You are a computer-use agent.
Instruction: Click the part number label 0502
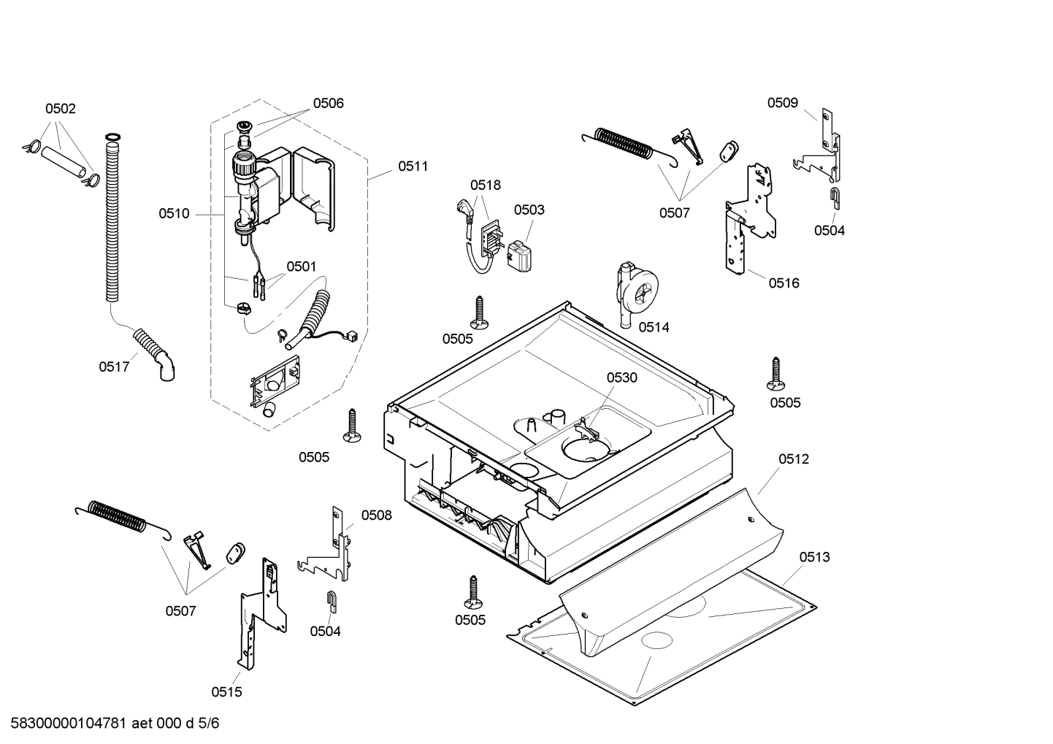pyautogui.click(x=60, y=109)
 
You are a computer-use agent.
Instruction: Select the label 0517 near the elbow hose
pyautogui.click(x=114, y=367)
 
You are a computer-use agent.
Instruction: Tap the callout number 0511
pyautogui.click(x=413, y=166)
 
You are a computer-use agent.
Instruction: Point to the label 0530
pyautogui.click(x=621, y=377)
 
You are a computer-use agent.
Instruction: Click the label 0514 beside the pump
pyautogui.click(x=654, y=327)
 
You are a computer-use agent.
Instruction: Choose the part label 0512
pyautogui.click(x=793, y=459)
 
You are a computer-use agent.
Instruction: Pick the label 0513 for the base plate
pyautogui.click(x=813, y=557)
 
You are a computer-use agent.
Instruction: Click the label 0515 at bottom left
pyautogui.click(x=226, y=691)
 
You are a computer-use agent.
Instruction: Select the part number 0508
pyautogui.click(x=376, y=515)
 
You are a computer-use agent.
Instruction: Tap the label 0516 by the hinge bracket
pyautogui.click(x=784, y=283)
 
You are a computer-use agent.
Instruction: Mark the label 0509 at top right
pyautogui.click(x=782, y=103)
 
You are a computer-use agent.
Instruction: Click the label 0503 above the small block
pyautogui.click(x=529, y=210)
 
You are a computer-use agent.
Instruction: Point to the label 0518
pyautogui.click(x=485, y=185)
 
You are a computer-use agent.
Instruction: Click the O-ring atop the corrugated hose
pyautogui.click(x=112, y=137)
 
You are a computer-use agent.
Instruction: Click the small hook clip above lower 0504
pyautogui.click(x=331, y=599)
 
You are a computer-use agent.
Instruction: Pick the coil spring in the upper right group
pyautogui.click(x=624, y=142)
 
